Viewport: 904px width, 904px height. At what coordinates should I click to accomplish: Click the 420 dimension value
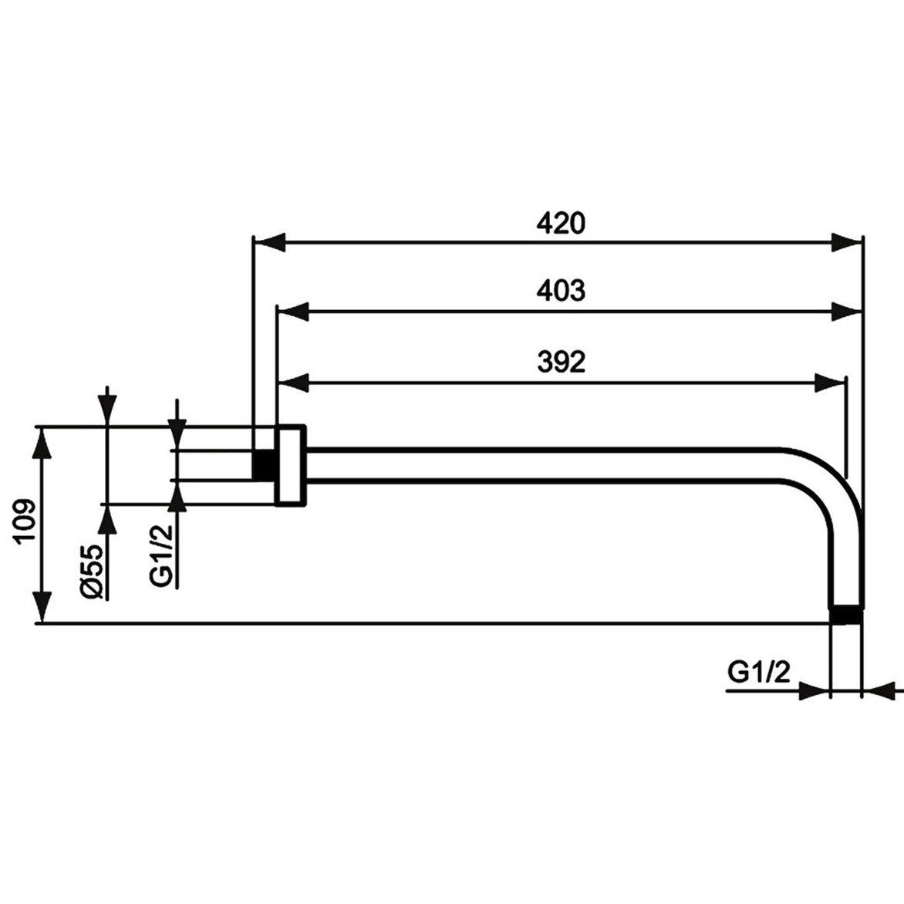pos(561,223)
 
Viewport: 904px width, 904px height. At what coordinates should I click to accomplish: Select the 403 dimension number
pos(561,291)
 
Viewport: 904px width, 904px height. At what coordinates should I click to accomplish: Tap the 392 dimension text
pos(561,361)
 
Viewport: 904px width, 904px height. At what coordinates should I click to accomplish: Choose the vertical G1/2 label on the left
pos(160,555)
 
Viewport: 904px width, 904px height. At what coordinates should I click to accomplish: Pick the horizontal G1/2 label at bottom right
pos(759,673)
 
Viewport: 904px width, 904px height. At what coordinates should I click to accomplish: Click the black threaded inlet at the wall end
pos(264,464)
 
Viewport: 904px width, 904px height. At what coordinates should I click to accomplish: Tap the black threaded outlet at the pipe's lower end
pos(845,615)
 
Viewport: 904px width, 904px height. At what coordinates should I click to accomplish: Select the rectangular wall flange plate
pos(291,465)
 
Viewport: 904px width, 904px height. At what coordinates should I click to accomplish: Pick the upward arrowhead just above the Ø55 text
pos(107,521)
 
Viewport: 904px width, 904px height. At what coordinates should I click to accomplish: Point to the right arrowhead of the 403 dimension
pos(846,312)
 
